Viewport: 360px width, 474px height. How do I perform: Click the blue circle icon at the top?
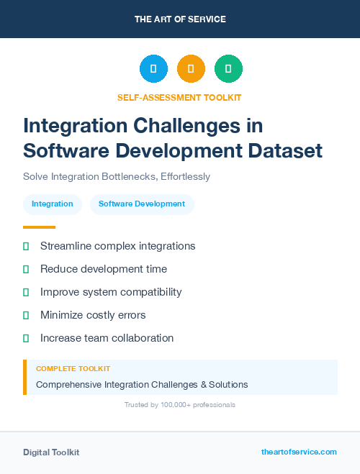pyautogui.click(x=153, y=69)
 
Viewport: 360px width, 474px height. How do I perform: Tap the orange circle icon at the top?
pyautogui.click(x=191, y=69)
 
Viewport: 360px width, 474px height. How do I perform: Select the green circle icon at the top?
pyautogui.click(x=228, y=69)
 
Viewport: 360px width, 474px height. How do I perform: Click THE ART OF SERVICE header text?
pyautogui.click(x=180, y=19)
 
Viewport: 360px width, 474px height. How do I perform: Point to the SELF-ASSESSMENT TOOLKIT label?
pyautogui.click(x=179, y=97)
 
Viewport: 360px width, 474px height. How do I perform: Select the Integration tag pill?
pyautogui.click(x=53, y=204)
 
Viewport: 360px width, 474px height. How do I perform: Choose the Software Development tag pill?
pyautogui.click(x=142, y=204)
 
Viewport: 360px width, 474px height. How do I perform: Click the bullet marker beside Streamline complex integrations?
pyautogui.click(x=26, y=246)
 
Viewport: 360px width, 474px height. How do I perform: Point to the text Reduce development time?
pyautogui.click(x=104, y=269)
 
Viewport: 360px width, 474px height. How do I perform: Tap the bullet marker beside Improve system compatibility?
pyautogui.click(x=26, y=292)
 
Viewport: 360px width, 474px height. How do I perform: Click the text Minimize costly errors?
pyautogui.click(x=93, y=315)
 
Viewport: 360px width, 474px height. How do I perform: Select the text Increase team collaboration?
pyautogui.click(x=107, y=338)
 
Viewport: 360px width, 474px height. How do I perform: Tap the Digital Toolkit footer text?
pyautogui.click(x=51, y=452)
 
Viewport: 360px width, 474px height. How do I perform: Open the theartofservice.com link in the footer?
pyautogui.click(x=299, y=452)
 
